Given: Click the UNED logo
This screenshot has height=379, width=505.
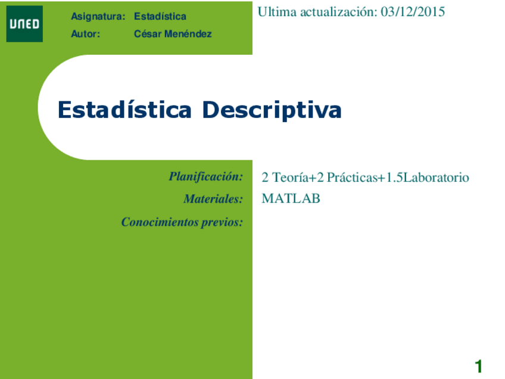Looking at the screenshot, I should [x=24, y=24].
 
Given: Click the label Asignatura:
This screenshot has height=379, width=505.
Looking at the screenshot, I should [x=98, y=17].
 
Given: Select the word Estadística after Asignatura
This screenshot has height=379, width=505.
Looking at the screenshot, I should [x=160, y=17].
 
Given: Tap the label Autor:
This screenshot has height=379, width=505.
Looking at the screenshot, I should [x=85, y=34].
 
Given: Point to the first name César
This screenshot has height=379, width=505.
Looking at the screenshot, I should [x=146, y=34].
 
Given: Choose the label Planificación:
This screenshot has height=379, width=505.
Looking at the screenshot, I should [x=205, y=176].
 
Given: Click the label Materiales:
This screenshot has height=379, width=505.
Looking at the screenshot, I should [x=213, y=199].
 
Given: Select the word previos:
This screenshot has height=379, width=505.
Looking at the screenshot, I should [x=223, y=222].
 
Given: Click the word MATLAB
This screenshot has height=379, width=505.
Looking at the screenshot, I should [x=291, y=199].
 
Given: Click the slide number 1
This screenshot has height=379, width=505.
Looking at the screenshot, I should [x=478, y=366].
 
